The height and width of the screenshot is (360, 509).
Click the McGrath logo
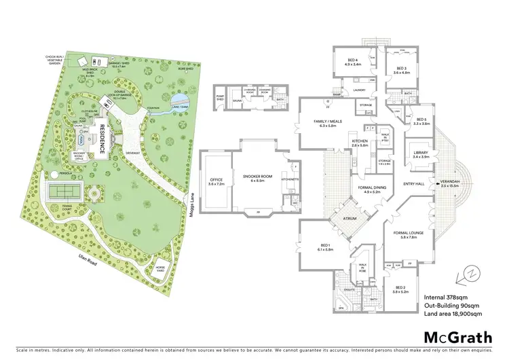coord(458,337)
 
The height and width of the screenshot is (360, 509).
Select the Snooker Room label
coord(254,177)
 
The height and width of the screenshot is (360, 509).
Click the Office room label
coord(216,181)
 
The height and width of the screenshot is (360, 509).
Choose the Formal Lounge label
coord(412,235)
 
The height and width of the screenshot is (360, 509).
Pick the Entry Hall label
coord(413,183)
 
